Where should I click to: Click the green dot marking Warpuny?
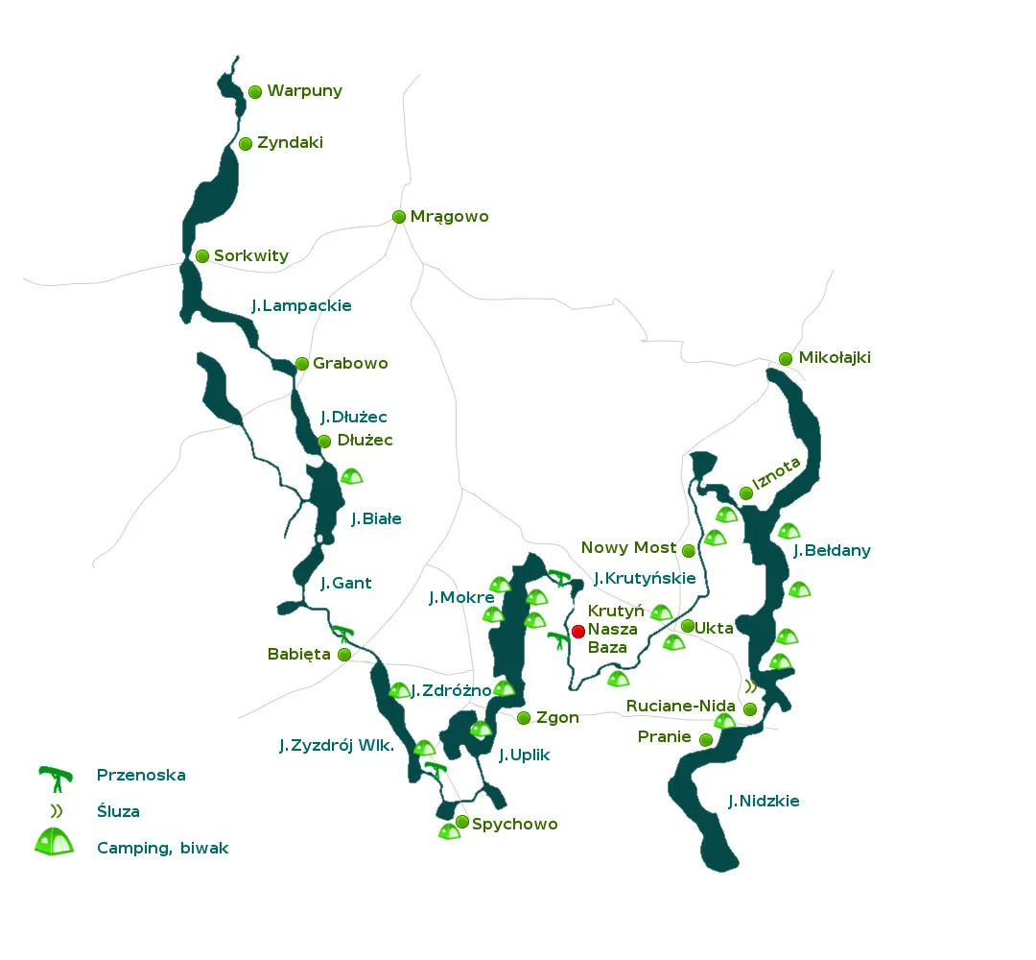[255, 92]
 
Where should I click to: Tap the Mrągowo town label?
[449, 217]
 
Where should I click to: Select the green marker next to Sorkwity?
[202, 256]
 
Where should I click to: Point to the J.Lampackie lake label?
[301, 306]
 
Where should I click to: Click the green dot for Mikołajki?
[786, 359]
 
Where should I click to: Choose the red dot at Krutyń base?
[578, 631]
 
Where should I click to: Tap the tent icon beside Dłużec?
[352, 475]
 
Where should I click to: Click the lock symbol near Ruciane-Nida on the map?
[751, 686]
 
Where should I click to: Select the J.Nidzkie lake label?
[763, 802]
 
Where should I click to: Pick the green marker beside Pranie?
[706, 739]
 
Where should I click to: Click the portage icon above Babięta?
[343, 634]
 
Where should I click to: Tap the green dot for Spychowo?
[462, 822]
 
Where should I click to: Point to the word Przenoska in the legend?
[141, 775]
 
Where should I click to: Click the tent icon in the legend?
[54, 843]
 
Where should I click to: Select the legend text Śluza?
[118, 811]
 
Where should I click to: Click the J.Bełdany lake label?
[832, 551]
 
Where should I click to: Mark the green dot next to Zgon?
[524, 718]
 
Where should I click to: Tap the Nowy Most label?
[628, 548]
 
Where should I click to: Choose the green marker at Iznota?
[746, 493]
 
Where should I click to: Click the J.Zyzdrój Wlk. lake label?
[336, 746]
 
